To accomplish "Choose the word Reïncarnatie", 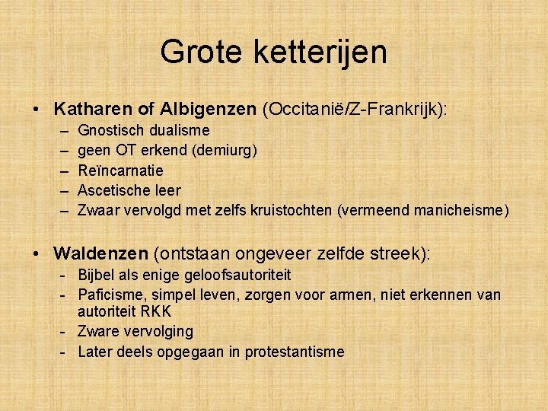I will click(120, 170).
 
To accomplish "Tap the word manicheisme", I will click(460, 210).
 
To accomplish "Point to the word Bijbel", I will click(96, 274).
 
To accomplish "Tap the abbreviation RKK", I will click(157, 312).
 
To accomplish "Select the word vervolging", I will click(158, 332).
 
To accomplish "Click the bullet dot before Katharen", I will click(37, 110).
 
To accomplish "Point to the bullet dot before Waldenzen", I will click(37, 253).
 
